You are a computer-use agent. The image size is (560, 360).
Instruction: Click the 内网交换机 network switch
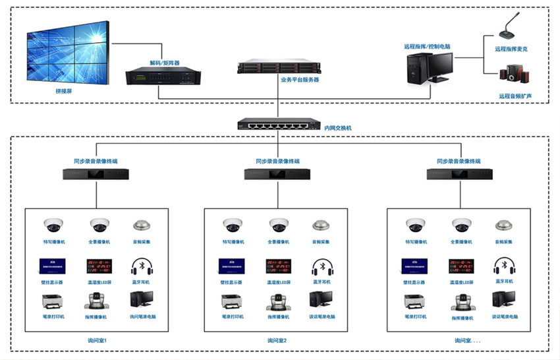[276, 124]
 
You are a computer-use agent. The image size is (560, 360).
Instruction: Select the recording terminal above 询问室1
[97, 174]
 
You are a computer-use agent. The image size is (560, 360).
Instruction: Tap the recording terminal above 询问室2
[278, 174]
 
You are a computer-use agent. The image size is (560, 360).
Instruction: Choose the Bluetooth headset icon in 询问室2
[322, 266]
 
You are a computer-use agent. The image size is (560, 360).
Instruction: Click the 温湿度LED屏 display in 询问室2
[277, 266]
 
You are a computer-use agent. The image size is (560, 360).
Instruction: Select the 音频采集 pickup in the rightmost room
[504, 225]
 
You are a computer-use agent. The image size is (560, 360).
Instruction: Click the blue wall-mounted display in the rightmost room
[414, 266]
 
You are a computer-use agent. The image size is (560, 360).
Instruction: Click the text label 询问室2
[277, 341]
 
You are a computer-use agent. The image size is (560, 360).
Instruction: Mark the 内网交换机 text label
[339, 127]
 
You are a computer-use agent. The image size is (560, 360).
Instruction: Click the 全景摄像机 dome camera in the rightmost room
[461, 225]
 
